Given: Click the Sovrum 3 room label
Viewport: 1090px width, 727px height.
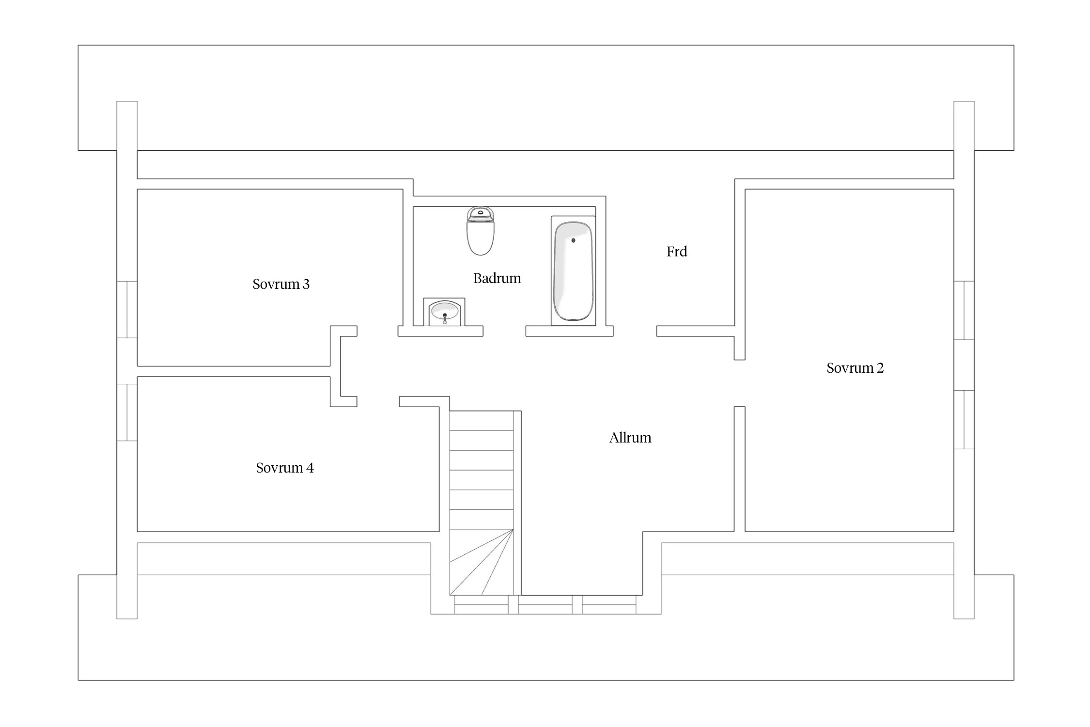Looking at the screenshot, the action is pyautogui.click(x=281, y=284).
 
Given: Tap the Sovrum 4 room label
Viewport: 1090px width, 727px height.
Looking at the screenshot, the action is pyautogui.click(x=285, y=468).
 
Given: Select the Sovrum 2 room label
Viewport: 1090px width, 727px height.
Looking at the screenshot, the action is pyautogui.click(x=855, y=368).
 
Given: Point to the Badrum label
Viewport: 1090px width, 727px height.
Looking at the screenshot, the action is pyautogui.click(x=497, y=278).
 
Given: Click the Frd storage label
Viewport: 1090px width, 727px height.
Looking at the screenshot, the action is pyautogui.click(x=677, y=252).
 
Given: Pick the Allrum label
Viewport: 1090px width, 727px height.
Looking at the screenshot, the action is pyautogui.click(x=630, y=438).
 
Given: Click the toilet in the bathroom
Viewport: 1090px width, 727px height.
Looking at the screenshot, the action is pyautogui.click(x=480, y=231).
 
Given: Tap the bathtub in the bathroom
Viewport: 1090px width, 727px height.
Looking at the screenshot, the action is pyautogui.click(x=573, y=271).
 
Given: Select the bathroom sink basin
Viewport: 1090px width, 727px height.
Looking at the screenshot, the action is pyautogui.click(x=445, y=312).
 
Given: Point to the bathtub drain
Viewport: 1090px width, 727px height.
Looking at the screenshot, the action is pyautogui.click(x=573, y=240).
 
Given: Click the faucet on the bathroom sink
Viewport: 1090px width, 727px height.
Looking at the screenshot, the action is pyautogui.click(x=445, y=318).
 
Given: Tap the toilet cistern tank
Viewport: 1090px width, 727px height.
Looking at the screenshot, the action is pyautogui.click(x=480, y=214).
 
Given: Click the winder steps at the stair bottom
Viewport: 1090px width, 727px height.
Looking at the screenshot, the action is pyautogui.click(x=482, y=562).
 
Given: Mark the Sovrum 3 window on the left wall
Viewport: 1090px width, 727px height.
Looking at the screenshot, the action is pyautogui.click(x=127, y=309).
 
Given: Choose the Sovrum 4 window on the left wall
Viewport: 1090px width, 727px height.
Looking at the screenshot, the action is pyautogui.click(x=127, y=412).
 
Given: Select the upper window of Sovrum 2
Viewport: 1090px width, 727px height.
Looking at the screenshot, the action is pyautogui.click(x=964, y=311).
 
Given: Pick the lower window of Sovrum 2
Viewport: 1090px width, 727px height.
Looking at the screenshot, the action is pyautogui.click(x=964, y=420).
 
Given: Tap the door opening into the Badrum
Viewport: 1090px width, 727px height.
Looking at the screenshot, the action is pyautogui.click(x=504, y=331).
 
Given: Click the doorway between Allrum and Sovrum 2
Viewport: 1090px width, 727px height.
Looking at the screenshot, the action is pyautogui.click(x=740, y=383).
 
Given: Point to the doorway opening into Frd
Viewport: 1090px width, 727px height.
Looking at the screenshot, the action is pyautogui.click(x=635, y=331).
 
